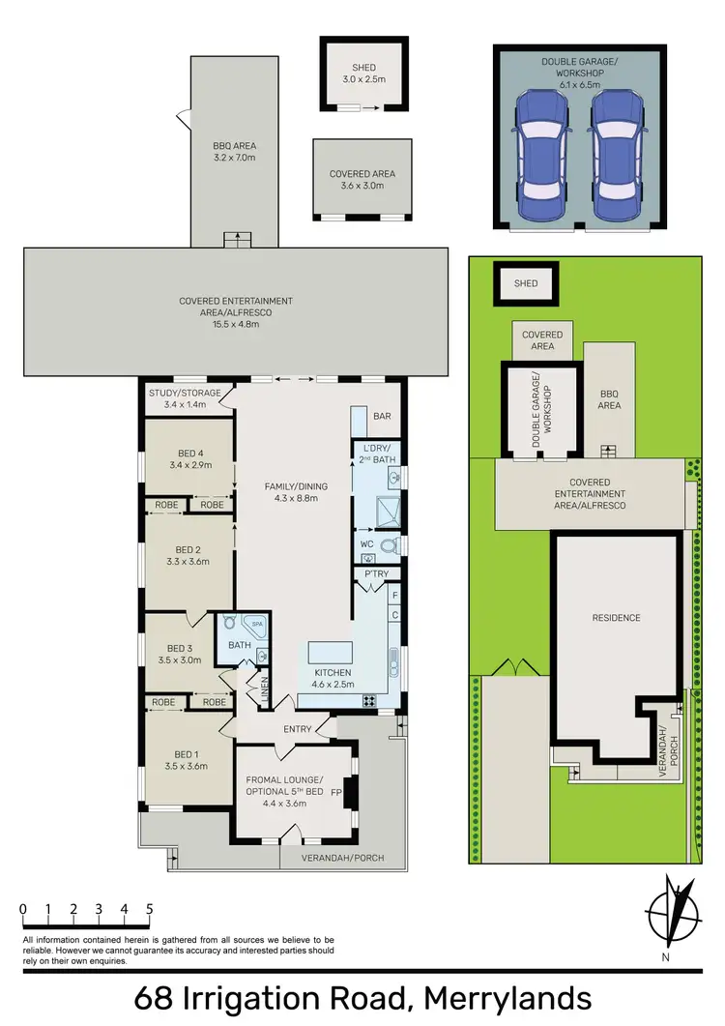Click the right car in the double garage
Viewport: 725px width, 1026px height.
616,157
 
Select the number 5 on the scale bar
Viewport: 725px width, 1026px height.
150,909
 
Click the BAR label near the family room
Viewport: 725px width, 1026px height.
382,417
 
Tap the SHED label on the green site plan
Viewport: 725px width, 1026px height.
526,283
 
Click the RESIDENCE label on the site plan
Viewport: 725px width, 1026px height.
617,618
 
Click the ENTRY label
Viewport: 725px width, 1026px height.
297,730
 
